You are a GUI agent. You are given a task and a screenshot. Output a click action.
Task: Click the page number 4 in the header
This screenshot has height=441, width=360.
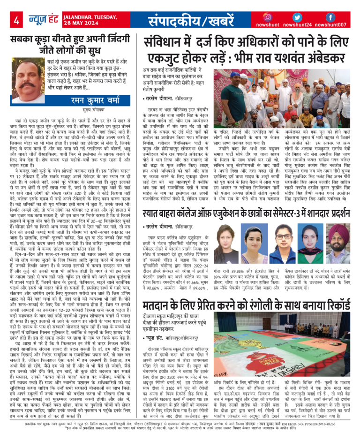click(16, 20)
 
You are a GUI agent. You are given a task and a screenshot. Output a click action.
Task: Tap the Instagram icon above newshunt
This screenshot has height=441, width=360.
click(268, 17)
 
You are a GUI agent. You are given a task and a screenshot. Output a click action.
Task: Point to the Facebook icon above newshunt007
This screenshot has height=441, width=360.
click(330, 17)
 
